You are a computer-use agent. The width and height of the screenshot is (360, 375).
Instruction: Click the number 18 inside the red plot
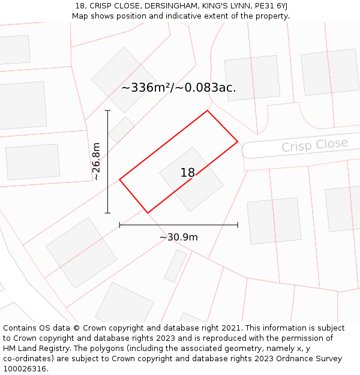187,173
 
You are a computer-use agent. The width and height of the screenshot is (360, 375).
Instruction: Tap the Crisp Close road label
314,145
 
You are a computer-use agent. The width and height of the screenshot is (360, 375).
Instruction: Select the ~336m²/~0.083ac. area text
179,88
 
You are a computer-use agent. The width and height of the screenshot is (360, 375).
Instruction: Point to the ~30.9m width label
179,237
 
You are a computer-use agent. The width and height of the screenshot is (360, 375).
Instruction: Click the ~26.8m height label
96,161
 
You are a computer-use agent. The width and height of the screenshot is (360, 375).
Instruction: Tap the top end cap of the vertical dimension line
108,110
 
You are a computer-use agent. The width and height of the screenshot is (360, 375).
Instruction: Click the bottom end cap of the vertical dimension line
108,213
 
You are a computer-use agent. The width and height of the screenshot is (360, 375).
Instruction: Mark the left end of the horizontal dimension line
120,225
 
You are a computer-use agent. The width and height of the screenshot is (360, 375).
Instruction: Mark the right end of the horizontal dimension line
238,225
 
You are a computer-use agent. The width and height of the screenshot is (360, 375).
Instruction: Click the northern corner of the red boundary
208,110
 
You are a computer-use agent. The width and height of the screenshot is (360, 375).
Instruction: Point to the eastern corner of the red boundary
238,142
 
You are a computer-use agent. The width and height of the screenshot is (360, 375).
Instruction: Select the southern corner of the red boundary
148,213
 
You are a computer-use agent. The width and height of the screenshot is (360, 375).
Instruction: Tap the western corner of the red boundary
120,179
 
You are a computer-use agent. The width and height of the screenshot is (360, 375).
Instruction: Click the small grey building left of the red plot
122,130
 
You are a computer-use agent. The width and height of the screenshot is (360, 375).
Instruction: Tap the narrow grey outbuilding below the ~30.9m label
176,266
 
